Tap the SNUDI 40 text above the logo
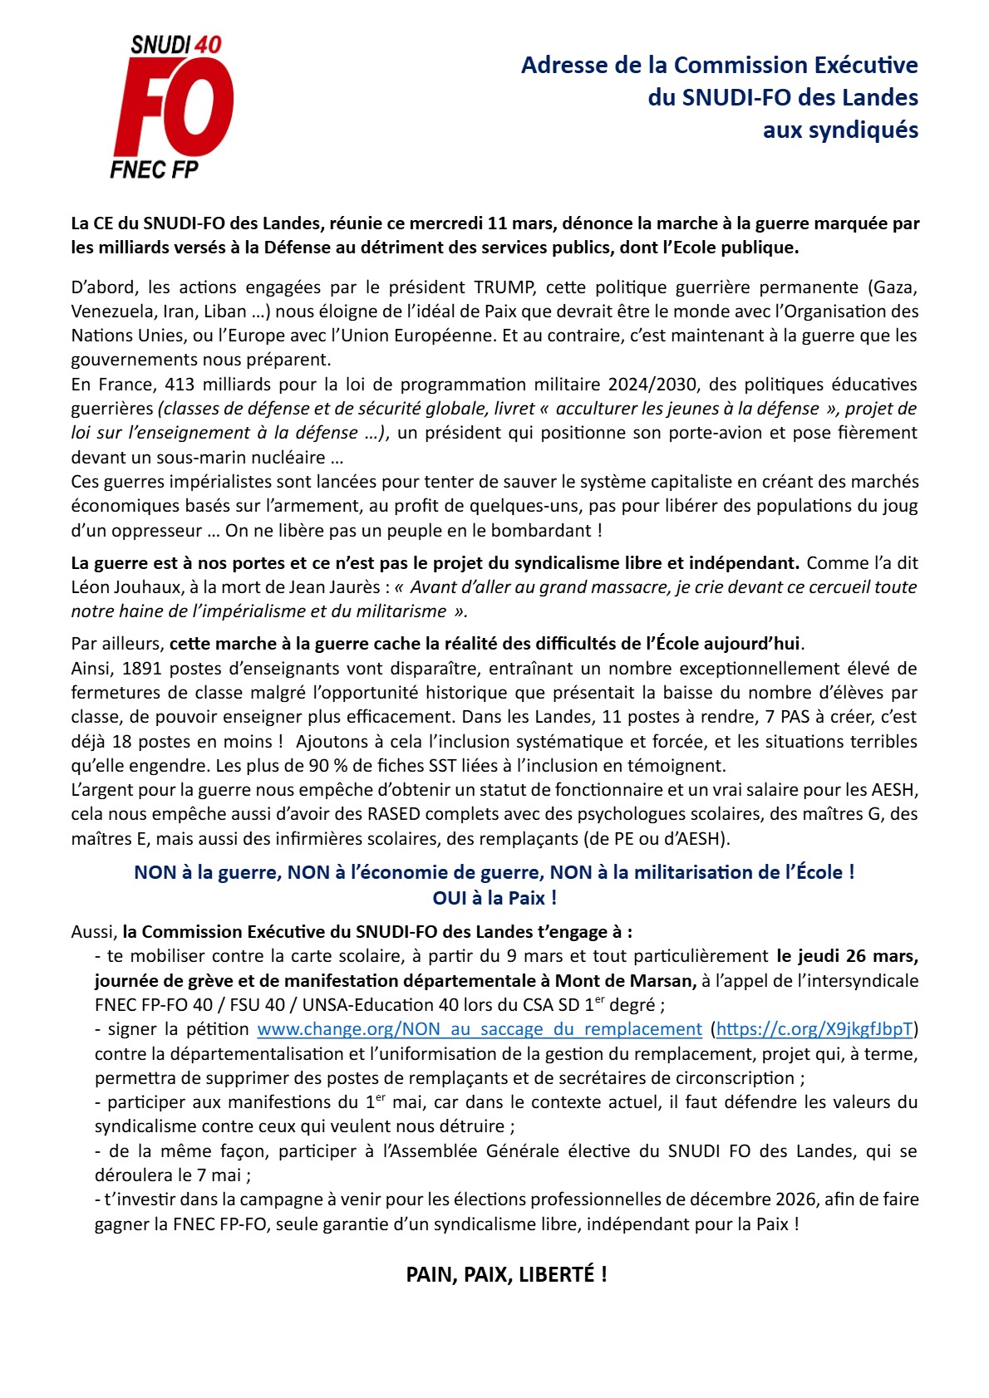(x=176, y=45)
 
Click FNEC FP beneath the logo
(x=154, y=169)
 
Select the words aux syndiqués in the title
(x=840, y=130)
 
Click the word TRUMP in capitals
(x=504, y=287)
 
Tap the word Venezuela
(x=111, y=311)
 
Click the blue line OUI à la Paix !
(x=494, y=898)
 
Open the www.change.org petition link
(x=480, y=1029)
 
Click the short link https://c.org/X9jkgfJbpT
(x=814, y=1029)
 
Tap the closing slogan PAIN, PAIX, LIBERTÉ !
(x=506, y=1274)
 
